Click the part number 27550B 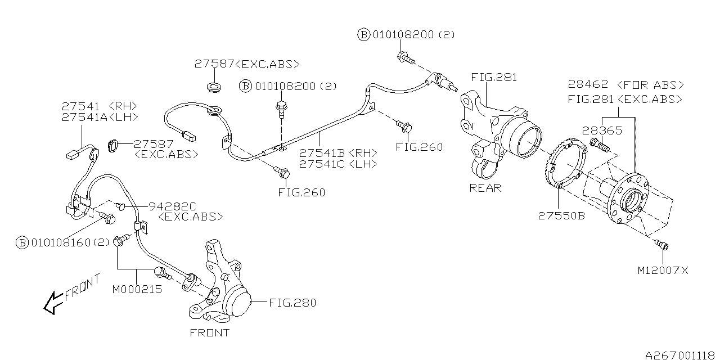click(561, 215)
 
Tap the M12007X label click(663, 271)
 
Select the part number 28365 click(602, 130)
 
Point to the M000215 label click(137, 290)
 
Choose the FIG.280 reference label click(292, 303)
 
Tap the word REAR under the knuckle click(485, 188)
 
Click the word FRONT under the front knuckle click(209, 332)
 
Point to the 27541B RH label click(337, 153)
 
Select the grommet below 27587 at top click(213, 88)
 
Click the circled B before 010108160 click(22, 243)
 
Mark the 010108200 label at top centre click(404, 35)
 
